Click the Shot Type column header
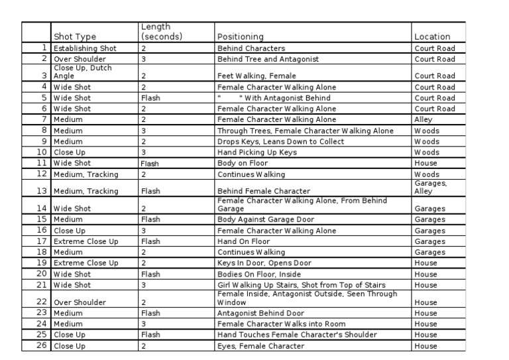pyautogui.click(x=75, y=36)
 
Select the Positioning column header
pyautogui.click(x=240, y=36)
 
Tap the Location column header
pyautogui.click(x=432, y=36)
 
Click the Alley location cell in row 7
pyautogui.click(x=424, y=119)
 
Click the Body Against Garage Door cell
pyautogui.click(x=266, y=219)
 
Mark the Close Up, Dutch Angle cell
pyautogui.click(x=84, y=72)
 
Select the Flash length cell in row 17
pyautogui.click(x=150, y=241)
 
